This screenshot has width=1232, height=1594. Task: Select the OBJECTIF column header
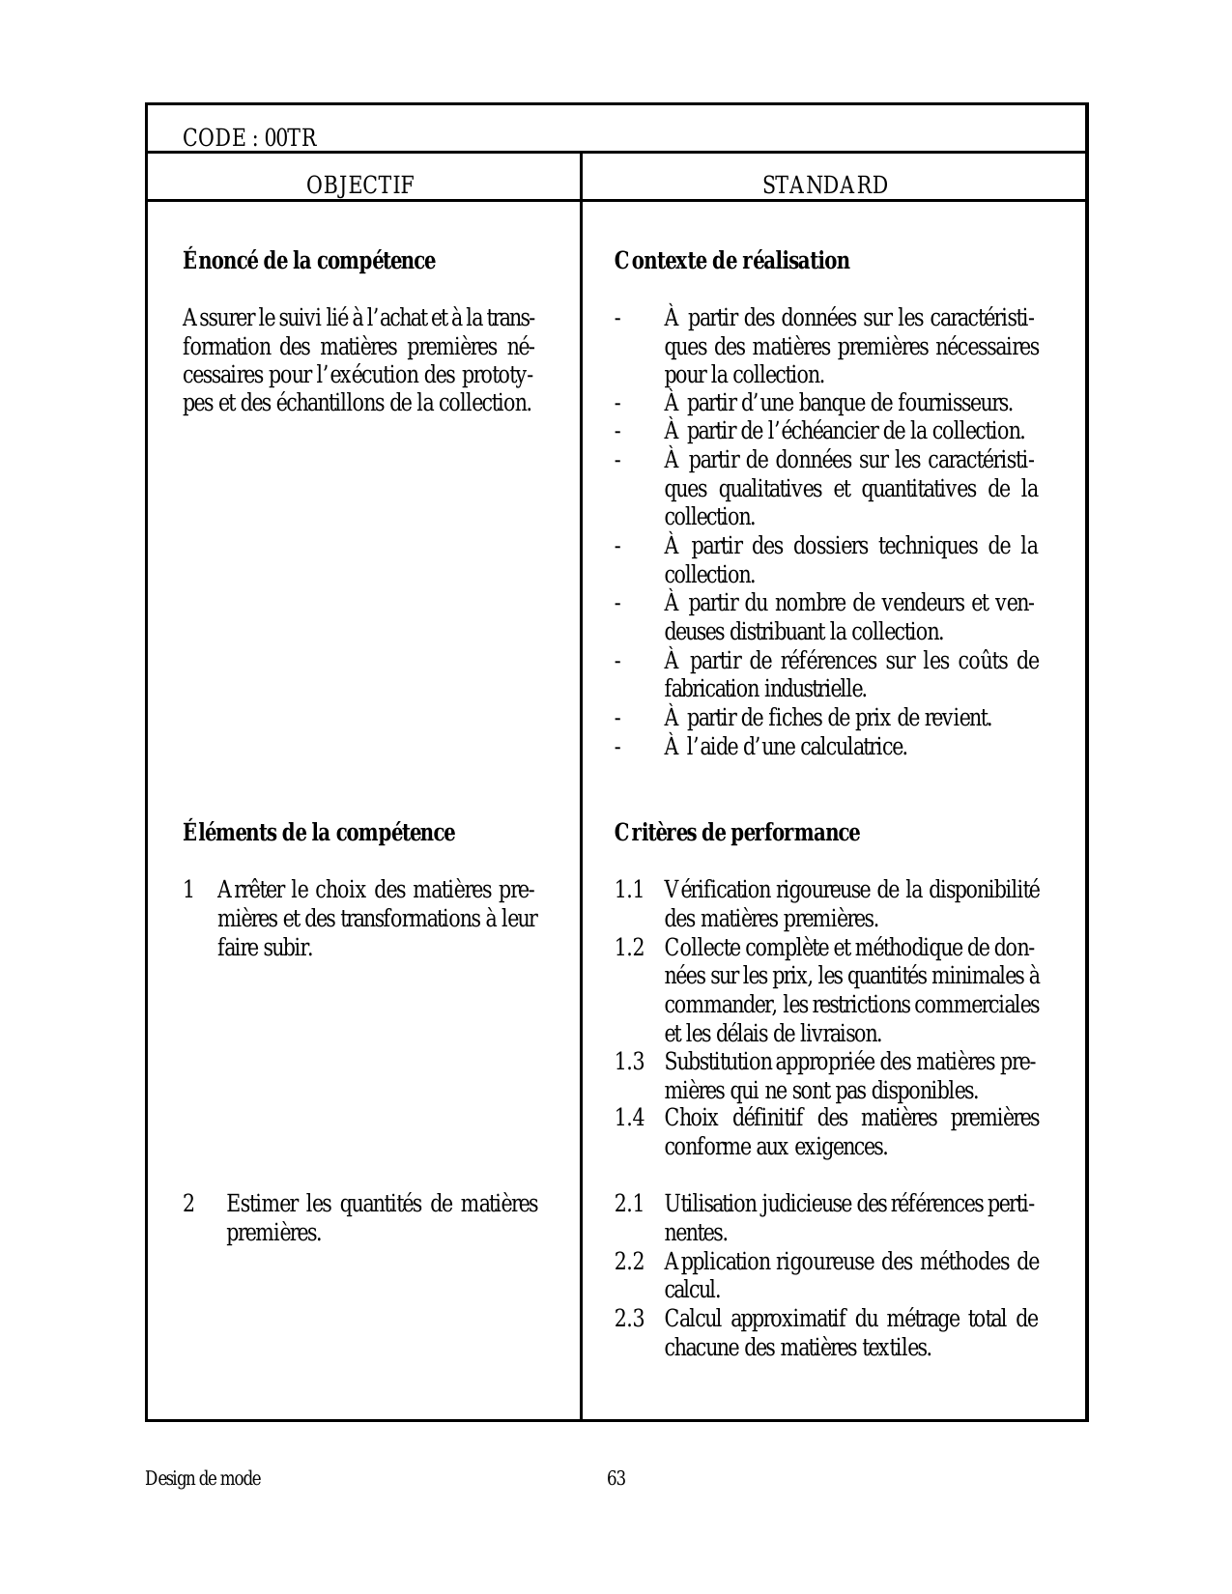(x=359, y=185)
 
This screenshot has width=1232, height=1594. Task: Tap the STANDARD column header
(x=825, y=185)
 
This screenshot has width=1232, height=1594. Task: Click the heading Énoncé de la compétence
(x=309, y=261)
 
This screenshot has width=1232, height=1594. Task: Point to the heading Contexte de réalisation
(x=731, y=261)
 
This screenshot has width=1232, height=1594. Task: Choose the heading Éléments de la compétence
(x=319, y=833)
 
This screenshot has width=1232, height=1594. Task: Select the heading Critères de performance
(x=736, y=833)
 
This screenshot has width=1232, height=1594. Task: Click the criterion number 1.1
(x=629, y=890)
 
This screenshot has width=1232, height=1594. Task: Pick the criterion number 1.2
(x=629, y=947)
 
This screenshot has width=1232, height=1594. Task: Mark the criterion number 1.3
(x=629, y=1062)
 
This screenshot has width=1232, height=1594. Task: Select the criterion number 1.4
(x=629, y=1119)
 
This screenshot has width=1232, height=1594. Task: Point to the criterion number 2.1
(x=629, y=1205)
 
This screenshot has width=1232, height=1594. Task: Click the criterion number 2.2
(x=629, y=1262)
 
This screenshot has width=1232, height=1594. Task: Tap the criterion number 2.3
(x=629, y=1319)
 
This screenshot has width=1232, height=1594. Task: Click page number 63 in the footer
(x=616, y=1479)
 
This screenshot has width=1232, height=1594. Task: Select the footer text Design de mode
(x=203, y=1479)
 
